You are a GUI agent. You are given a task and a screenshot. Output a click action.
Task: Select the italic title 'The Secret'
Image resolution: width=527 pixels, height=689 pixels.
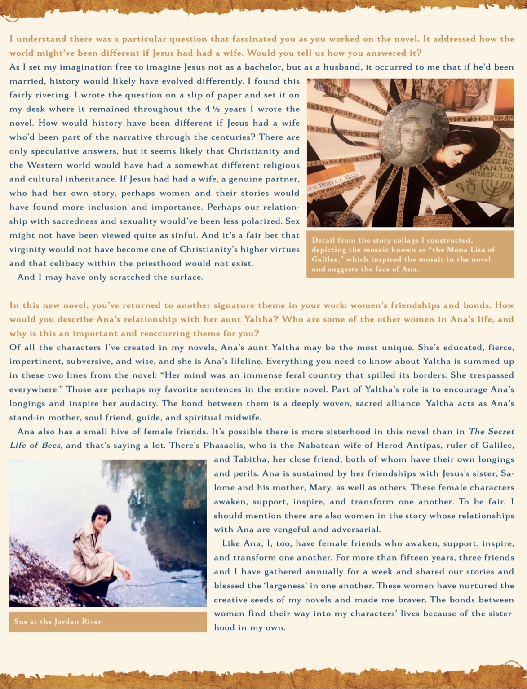[x=492, y=432]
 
